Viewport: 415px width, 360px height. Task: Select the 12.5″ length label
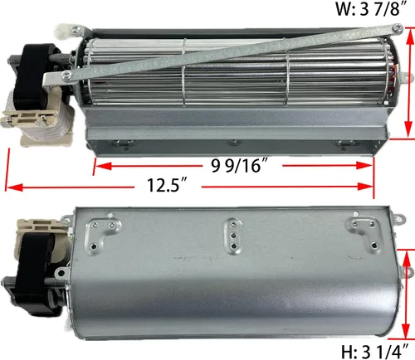click(167, 185)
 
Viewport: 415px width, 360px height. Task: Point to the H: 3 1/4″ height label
click(375, 352)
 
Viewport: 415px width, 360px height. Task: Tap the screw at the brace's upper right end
click(398, 27)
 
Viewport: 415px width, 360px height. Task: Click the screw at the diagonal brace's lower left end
click(66, 74)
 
